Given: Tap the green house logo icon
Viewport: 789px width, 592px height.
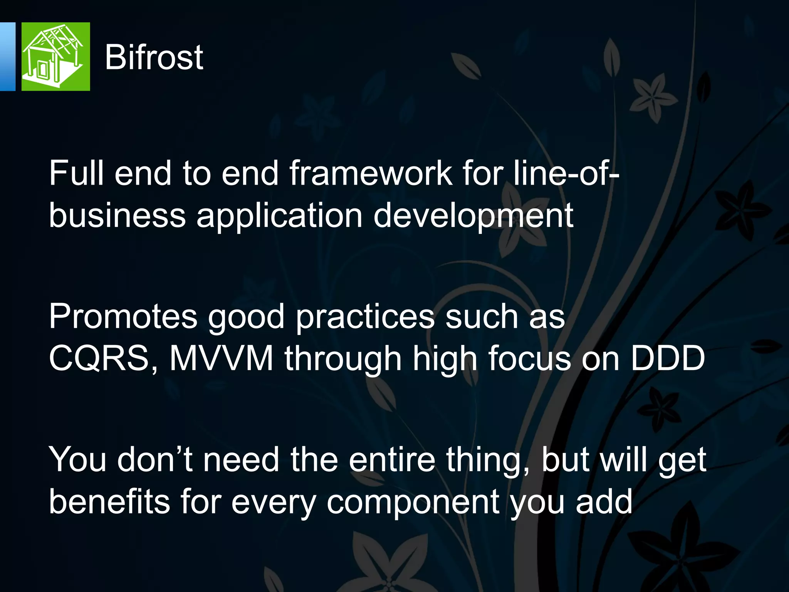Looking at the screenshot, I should point(55,57).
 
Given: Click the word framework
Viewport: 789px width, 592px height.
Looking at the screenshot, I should point(371,173).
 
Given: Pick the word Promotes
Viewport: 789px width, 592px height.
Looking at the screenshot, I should point(123,317).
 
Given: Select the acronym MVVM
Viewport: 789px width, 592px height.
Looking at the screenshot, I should point(222,358).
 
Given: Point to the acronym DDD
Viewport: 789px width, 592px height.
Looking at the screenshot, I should point(667,358).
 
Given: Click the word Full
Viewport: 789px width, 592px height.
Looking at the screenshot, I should point(76,173).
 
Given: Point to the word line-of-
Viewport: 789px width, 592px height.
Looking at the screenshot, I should point(566,173).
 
